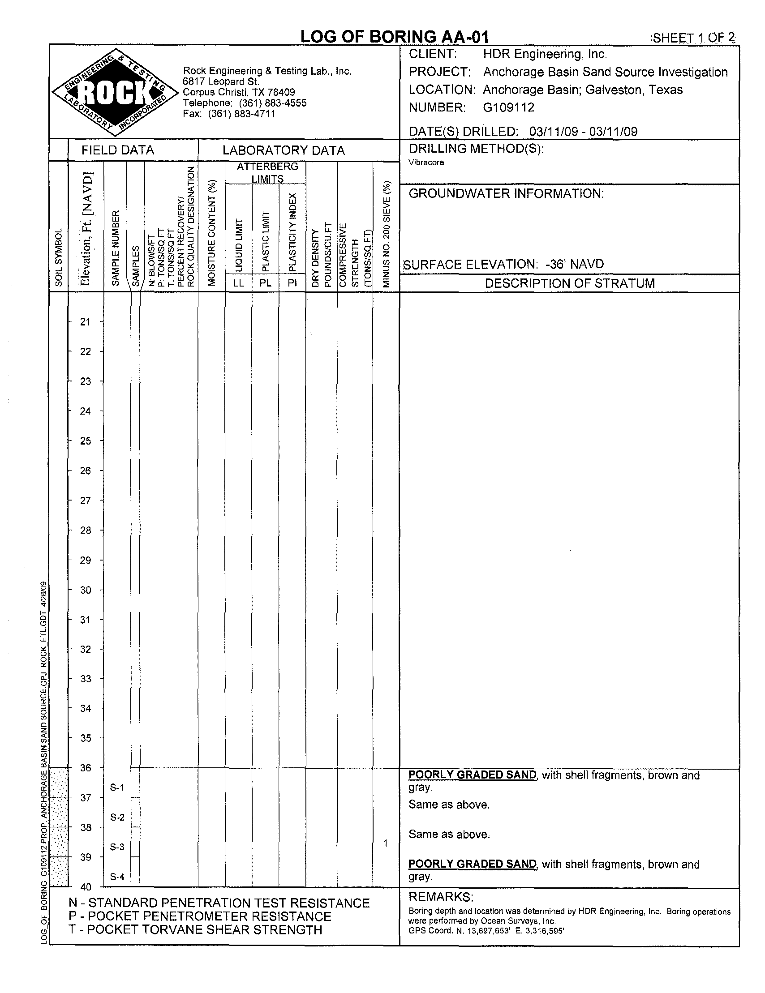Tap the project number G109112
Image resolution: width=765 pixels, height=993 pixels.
click(x=508, y=107)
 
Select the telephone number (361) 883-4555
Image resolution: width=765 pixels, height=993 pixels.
click(x=272, y=103)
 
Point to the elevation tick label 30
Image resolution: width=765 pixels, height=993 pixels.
click(x=86, y=590)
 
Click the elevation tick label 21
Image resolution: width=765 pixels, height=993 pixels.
click(x=86, y=322)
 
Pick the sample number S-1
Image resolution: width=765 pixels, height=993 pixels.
click(x=117, y=788)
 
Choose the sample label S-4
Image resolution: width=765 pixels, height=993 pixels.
click(x=117, y=877)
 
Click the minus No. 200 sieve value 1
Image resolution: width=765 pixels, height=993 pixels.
click(x=385, y=843)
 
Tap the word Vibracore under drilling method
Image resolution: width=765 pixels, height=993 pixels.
click(x=426, y=163)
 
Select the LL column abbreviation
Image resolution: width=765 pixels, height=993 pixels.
click(x=238, y=283)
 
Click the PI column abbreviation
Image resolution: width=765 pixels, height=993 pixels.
click(x=292, y=283)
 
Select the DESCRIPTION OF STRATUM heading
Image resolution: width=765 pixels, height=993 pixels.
click(x=569, y=283)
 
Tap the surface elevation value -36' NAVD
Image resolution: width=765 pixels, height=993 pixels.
click(x=575, y=264)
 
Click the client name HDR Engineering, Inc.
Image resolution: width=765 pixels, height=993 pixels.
click(x=545, y=54)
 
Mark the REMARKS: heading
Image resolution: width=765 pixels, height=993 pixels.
click(x=441, y=897)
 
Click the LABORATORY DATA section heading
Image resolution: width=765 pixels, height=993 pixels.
click(x=284, y=150)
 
